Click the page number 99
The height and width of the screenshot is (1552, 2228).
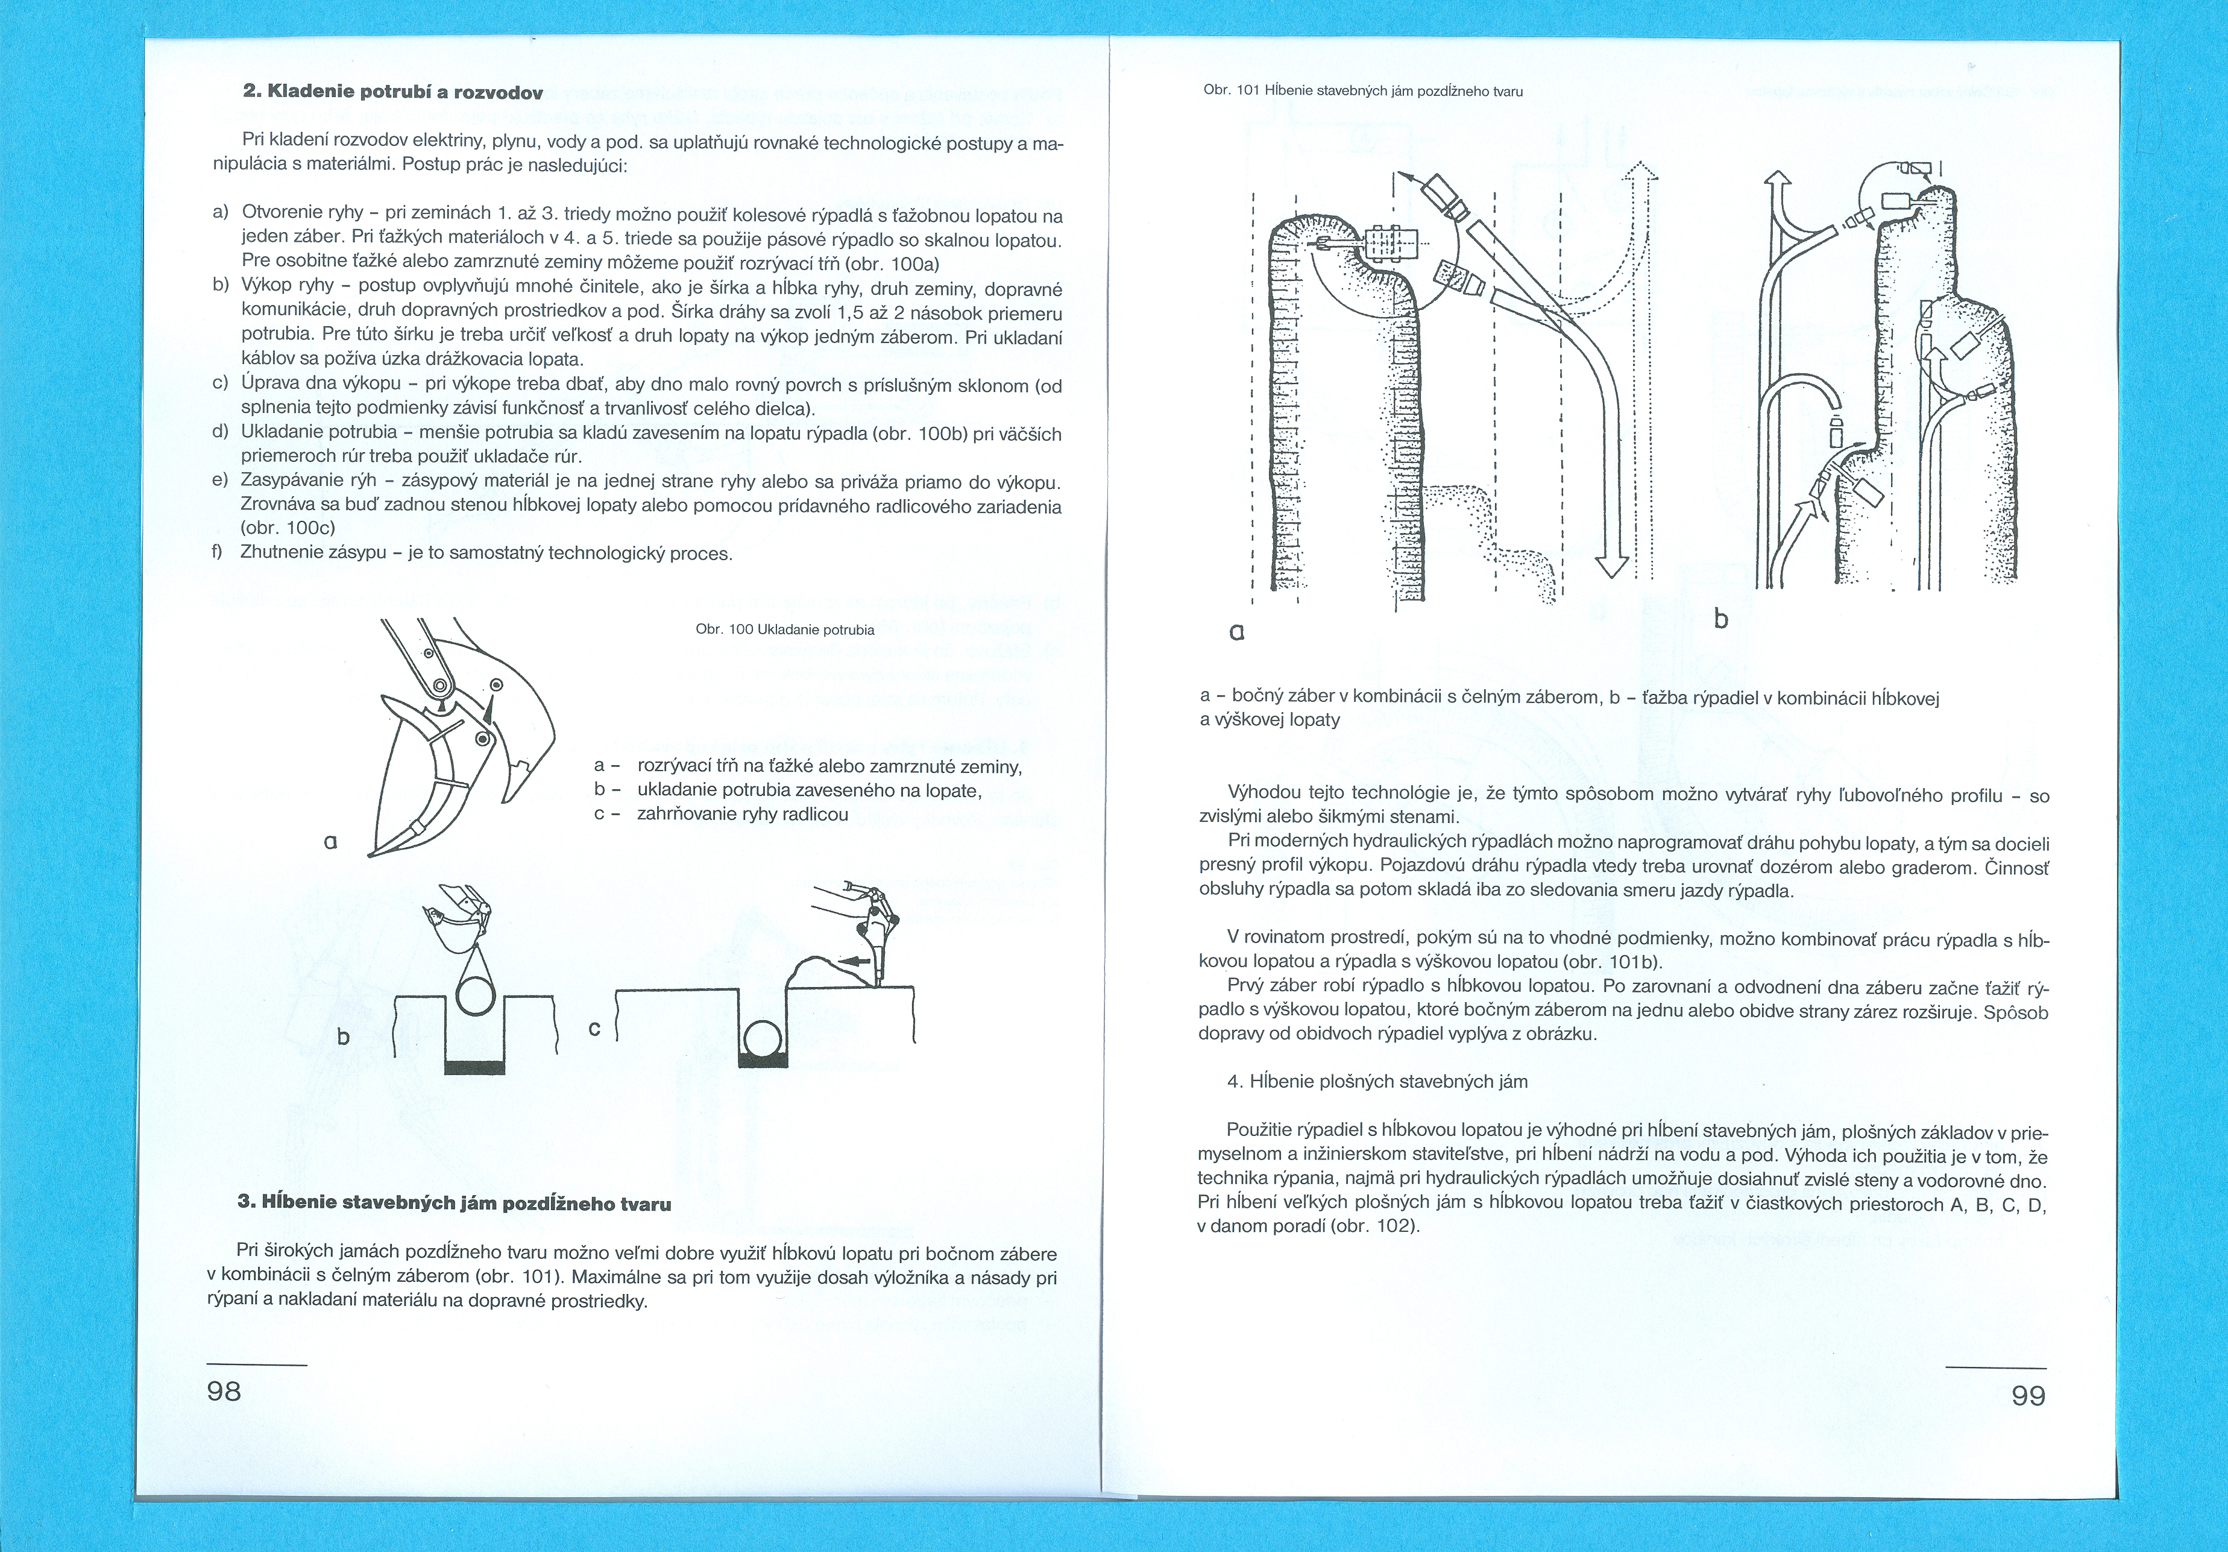(x=2028, y=1396)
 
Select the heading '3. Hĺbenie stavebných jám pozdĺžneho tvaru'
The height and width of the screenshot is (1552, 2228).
(x=454, y=1202)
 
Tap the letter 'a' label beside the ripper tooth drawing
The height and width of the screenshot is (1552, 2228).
(x=331, y=842)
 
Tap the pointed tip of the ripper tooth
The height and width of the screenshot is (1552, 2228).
(x=372, y=854)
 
